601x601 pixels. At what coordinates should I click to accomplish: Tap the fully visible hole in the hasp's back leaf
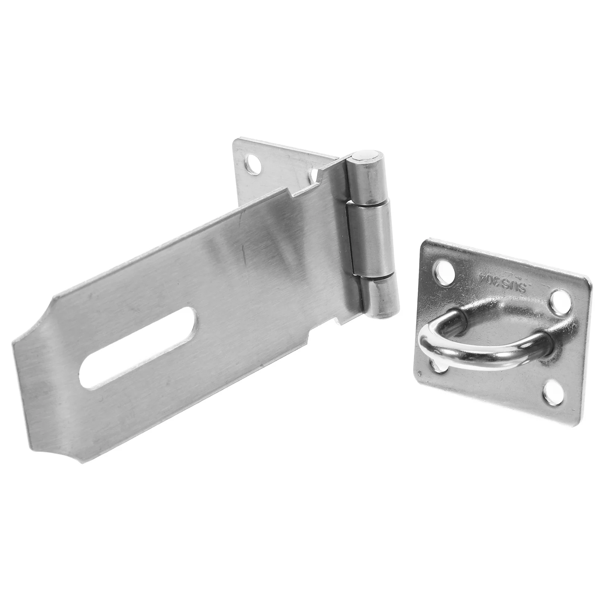[256, 164]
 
